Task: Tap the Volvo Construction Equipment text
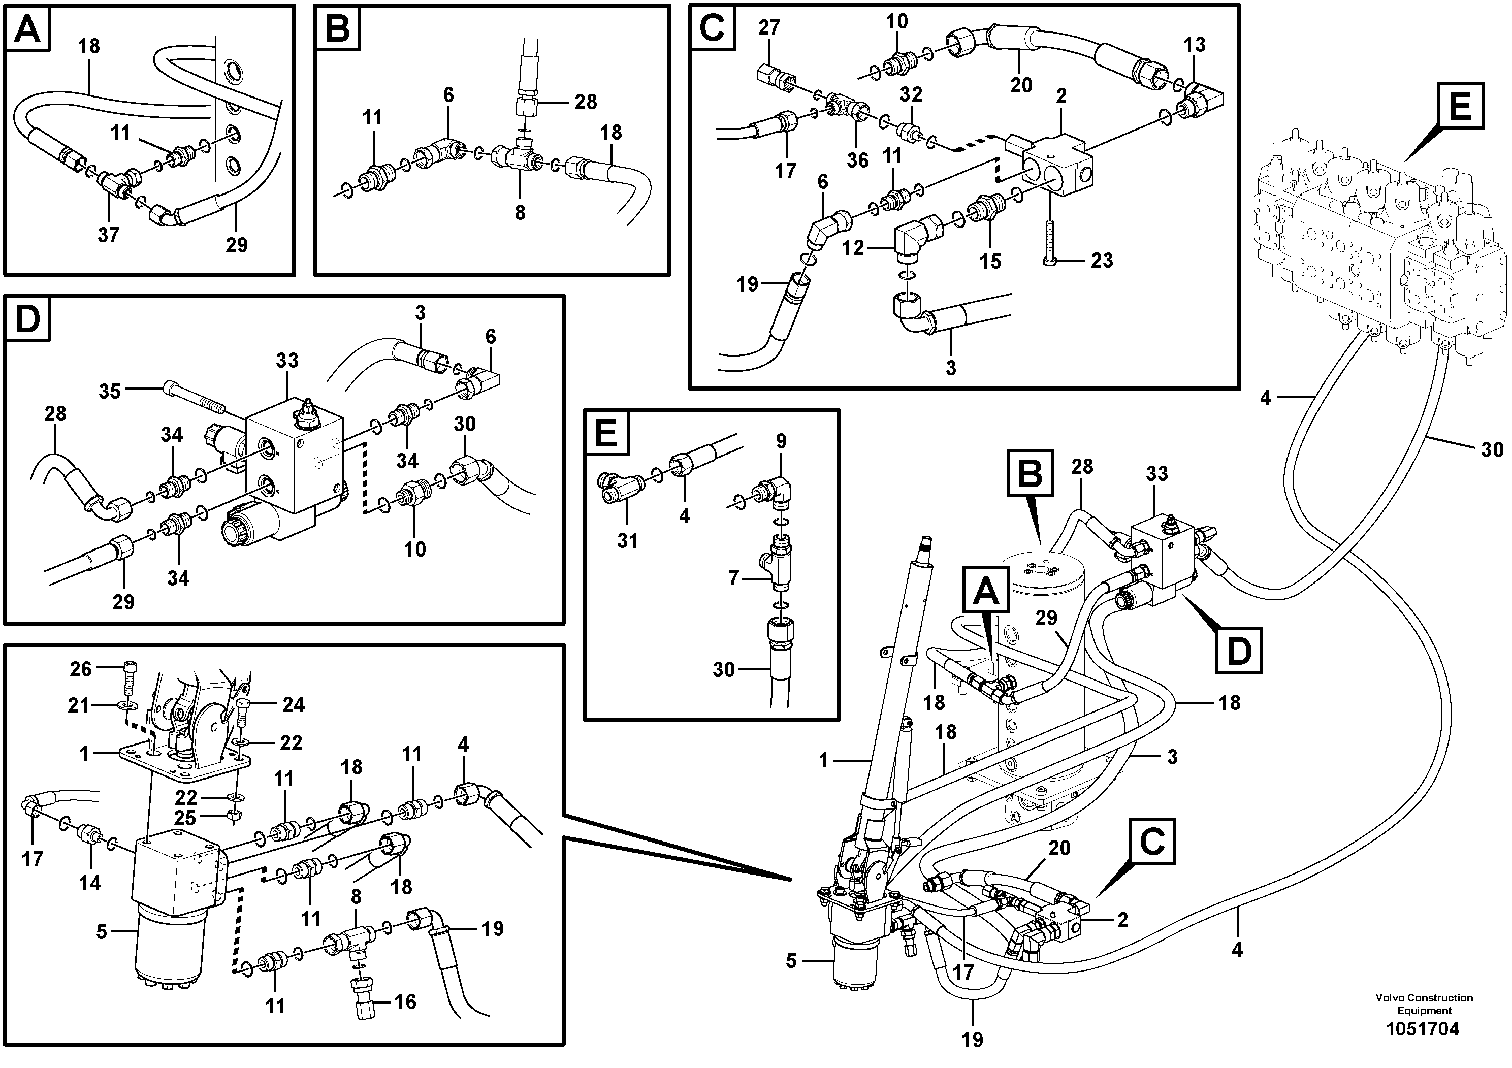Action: click(1424, 1004)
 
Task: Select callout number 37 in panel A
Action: click(109, 235)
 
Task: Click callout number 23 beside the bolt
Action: click(1102, 260)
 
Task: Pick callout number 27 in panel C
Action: click(768, 27)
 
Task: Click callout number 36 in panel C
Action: click(857, 159)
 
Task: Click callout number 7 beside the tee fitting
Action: click(733, 578)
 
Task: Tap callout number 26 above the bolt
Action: click(81, 669)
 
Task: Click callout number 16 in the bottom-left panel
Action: click(405, 1001)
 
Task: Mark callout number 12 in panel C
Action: click(853, 248)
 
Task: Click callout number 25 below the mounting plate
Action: click(186, 818)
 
